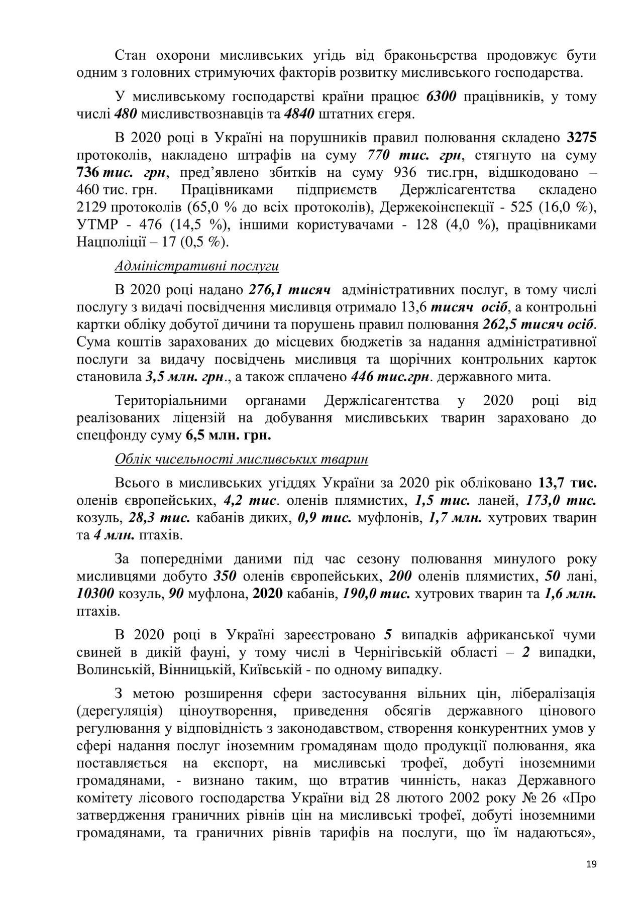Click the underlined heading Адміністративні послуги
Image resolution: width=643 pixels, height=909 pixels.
(196, 266)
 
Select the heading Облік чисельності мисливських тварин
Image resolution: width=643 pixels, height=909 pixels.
(241, 459)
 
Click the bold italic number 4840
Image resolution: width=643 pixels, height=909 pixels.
(299, 114)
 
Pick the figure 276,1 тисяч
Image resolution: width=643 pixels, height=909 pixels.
(289, 290)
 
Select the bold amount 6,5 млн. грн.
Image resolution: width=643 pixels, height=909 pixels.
(229, 435)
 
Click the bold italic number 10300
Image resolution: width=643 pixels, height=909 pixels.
(95, 594)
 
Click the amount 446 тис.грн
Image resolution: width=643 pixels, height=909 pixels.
(390, 376)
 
